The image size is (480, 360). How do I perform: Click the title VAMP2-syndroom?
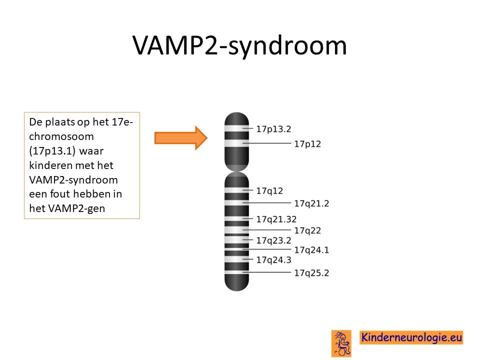(x=239, y=46)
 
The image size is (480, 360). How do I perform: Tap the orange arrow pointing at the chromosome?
(x=181, y=138)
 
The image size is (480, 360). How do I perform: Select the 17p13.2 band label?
(x=273, y=129)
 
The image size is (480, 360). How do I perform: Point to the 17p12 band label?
(x=307, y=144)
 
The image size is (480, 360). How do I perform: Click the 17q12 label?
(x=269, y=190)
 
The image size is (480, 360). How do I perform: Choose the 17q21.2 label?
(x=311, y=203)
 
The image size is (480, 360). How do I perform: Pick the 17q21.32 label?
(x=276, y=219)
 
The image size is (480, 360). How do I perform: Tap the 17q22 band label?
(x=307, y=230)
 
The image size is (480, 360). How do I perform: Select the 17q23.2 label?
(x=273, y=240)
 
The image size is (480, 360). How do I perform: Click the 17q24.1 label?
(x=311, y=250)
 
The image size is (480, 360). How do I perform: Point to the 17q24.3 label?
(x=273, y=259)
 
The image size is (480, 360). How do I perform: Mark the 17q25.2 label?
(x=311, y=273)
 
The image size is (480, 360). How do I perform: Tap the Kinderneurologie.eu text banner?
(x=411, y=337)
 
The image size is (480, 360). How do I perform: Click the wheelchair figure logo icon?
(x=341, y=343)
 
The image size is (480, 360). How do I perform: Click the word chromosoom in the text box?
(x=61, y=136)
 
